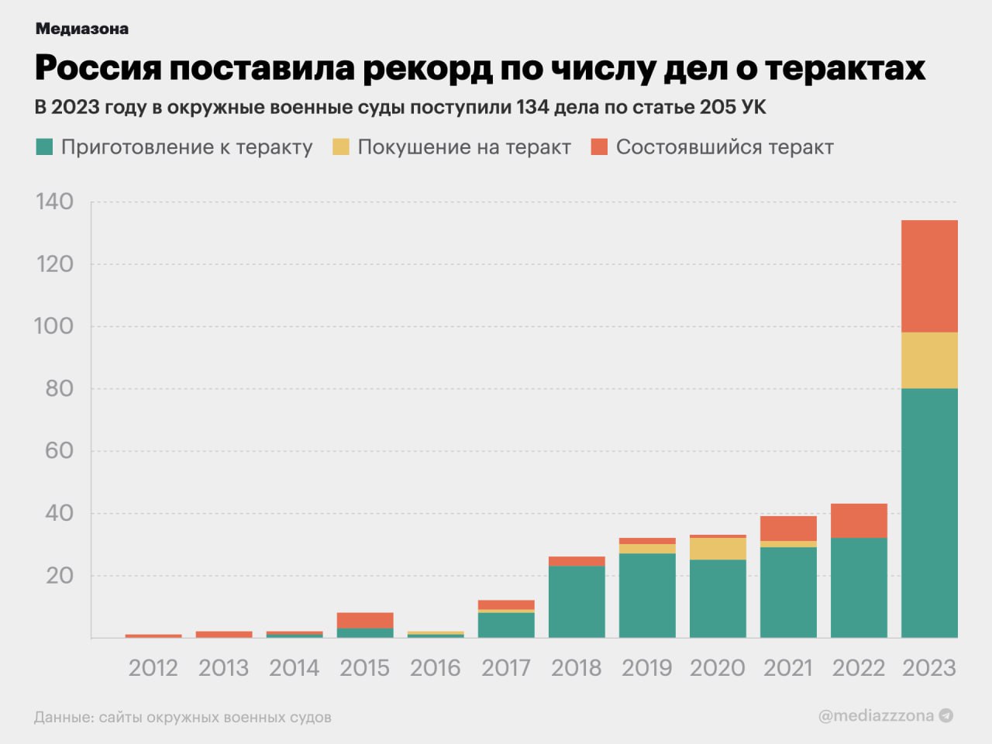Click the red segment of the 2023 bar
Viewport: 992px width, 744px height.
click(x=929, y=276)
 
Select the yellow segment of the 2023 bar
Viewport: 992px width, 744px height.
click(x=929, y=360)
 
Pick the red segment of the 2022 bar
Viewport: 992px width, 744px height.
click(x=859, y=521)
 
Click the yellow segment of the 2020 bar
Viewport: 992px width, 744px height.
click(x=718, y=549)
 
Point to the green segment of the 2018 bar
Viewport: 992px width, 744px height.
click(x=577, y=601)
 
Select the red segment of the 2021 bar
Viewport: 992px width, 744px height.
click(x=788, y=529)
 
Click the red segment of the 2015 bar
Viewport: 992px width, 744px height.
click(x=365, y=620)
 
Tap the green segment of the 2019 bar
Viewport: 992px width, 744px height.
click(x=647, y=595)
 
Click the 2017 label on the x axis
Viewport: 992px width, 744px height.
click(x=506, y=667)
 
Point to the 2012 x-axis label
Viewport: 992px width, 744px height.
click(x=153, y=667)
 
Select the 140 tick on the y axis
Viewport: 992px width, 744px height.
click(x=54, y=201)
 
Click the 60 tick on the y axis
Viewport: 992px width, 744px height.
click(x=58, y=450)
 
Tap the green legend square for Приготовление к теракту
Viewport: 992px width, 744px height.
click(x=44, y=146)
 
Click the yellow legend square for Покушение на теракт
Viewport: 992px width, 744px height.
click(x=341, y=146)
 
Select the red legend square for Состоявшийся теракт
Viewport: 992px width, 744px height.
click(x=599, y=146)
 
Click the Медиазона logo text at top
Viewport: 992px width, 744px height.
click(x=81, y=29)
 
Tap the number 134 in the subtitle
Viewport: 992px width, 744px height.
click(x=532, y=107)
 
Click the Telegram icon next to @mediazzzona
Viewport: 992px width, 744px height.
click(x=946, y=715)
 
